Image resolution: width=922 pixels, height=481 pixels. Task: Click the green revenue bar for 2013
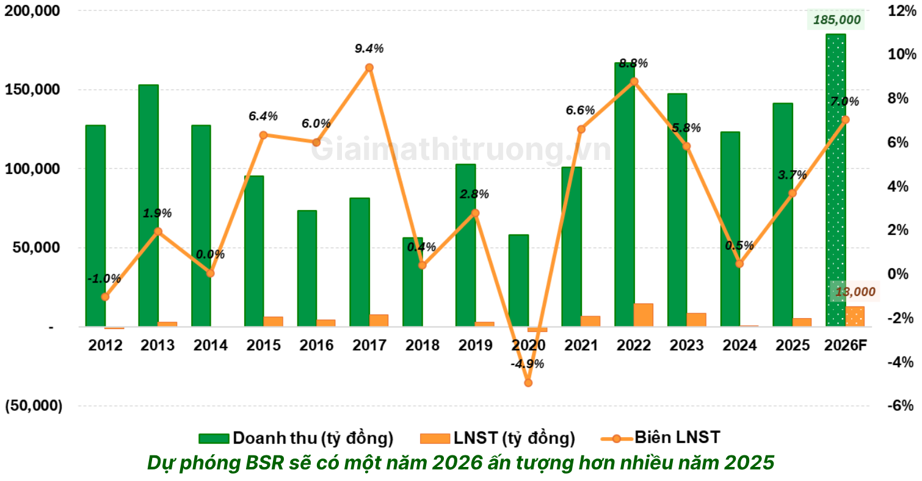(148, 205)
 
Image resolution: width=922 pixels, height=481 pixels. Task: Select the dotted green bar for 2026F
(835, 180)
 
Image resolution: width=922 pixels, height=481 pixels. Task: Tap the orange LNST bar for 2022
(643, 314)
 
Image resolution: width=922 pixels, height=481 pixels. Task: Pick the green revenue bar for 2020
(518, 280)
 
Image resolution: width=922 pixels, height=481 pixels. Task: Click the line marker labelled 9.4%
(369, 68)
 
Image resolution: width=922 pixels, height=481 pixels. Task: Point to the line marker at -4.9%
(528, 383)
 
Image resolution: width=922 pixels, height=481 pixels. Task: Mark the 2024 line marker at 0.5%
(739, 264)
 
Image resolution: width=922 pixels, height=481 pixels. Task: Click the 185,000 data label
(836, 20)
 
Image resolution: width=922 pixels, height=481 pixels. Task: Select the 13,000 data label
(855, 292)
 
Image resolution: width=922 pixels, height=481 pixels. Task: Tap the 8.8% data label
(633, 63)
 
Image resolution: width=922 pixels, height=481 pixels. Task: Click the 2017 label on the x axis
(369, 345)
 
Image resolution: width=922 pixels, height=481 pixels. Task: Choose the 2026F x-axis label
(845, 345)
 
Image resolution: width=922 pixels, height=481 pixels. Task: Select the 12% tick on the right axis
(901, 11)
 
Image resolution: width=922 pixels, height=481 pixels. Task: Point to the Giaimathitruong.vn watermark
(461, 150)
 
